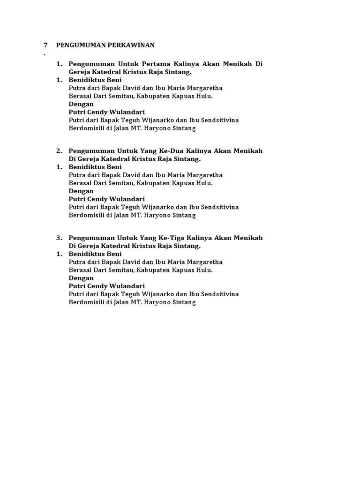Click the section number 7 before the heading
coord(45,45)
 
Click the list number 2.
coord(59,151)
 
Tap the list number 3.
coord(59,238)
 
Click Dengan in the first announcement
coord(81,104)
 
